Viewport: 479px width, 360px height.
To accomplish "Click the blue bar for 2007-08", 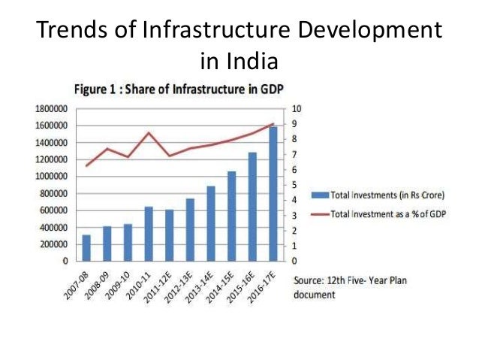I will pyautogui.click(x=87, y=248).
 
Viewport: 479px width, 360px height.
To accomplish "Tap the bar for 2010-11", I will pyautogui.click(x=149, y=234).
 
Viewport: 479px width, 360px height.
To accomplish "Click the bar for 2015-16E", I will pyautogui.click(x=252, y=207).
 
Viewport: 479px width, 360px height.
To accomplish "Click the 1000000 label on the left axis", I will pyautogui.click(x=47, y=177).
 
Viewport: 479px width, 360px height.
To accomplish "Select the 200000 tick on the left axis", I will pyautogui.click(x=50, y=245).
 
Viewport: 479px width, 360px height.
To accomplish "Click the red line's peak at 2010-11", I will pyautogui.click(x=149, y=132).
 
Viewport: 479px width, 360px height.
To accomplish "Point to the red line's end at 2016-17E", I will pyautogui.click(x=272, y=124).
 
